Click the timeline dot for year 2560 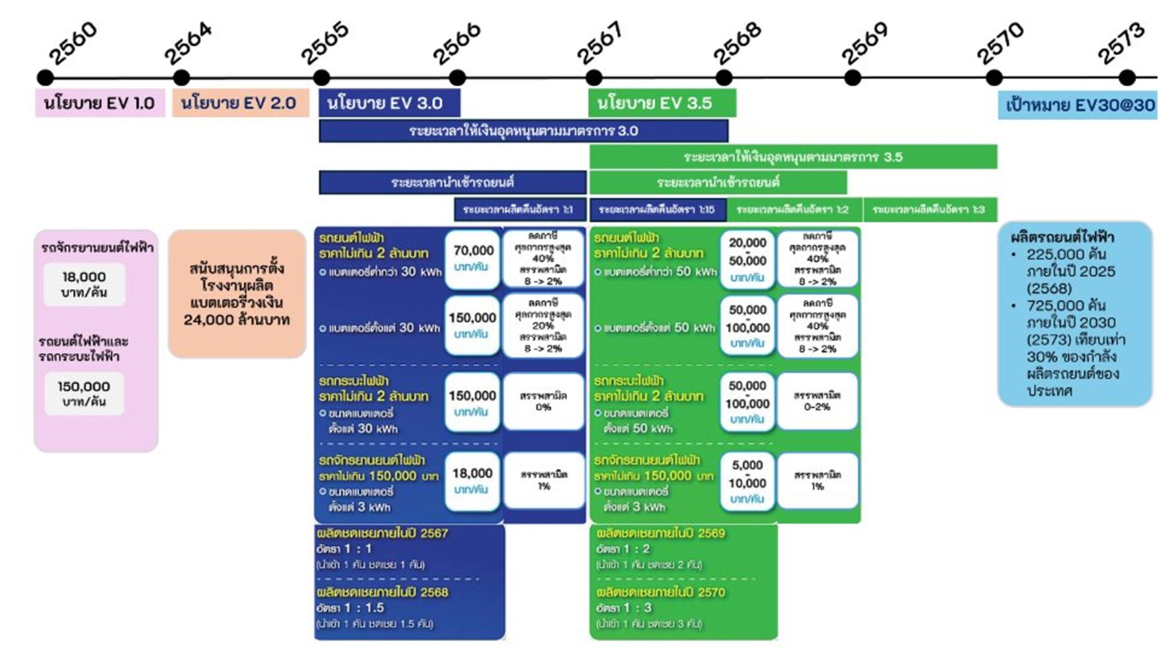(45, 77)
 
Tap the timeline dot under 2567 (593, 77)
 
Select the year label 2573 (1121, 44)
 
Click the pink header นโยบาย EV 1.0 (100, 103)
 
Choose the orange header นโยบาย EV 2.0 (240, 103)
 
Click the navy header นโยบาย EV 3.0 (389, 103)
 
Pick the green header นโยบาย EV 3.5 (662, 103)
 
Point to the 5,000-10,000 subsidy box (748, 481)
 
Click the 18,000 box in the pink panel (84, 284)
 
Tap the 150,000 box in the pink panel (84, 393)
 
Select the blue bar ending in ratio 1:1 (520, 210)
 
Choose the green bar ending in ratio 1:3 (930, 210)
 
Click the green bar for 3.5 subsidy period (793, 157)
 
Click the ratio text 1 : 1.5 (364, 608)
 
